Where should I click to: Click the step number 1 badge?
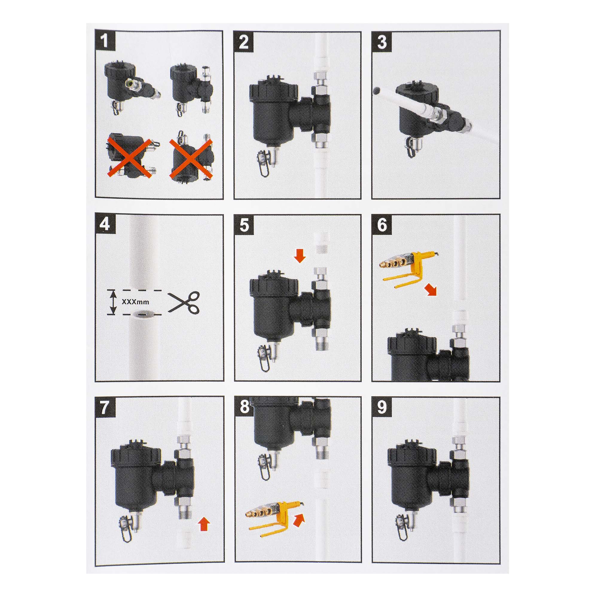(x=105, y=40)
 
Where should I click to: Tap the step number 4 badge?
(x=105, y=225)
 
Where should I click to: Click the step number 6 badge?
(x=382, y=225)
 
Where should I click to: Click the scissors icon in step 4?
(x=184, y=301)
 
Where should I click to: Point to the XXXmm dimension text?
(x=135, y=302)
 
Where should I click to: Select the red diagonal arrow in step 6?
(x=431, y=290)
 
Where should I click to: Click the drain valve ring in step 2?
(x=263, y=164)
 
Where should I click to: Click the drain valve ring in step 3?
(x=411, y=147)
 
